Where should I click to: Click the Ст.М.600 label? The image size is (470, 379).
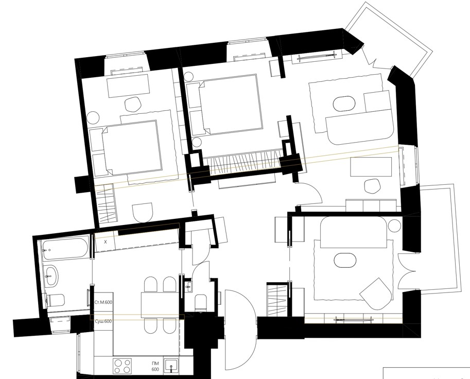(x=103, y=302)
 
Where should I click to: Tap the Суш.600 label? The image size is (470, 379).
(x=103, y=321)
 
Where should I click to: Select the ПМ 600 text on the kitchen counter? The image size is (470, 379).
(x=155, y=367)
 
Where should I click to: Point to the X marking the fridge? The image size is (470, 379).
(x=105, y=242)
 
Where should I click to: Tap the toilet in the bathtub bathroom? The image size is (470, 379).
(x=55, y=300)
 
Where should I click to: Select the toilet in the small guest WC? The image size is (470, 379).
(x=201, y=303)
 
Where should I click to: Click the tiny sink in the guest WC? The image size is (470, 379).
(x=188, y=286)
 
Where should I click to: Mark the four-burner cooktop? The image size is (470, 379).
(x=123, y=366)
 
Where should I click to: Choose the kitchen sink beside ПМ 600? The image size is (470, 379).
(x=171, y=366)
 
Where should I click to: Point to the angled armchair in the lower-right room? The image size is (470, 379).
(x=376, y=294)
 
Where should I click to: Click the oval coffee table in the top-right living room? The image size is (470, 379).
(x=344, y=104)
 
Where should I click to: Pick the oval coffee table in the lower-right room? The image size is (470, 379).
(x=345, y=260)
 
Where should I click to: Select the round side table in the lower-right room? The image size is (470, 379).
(x=394, y=226)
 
